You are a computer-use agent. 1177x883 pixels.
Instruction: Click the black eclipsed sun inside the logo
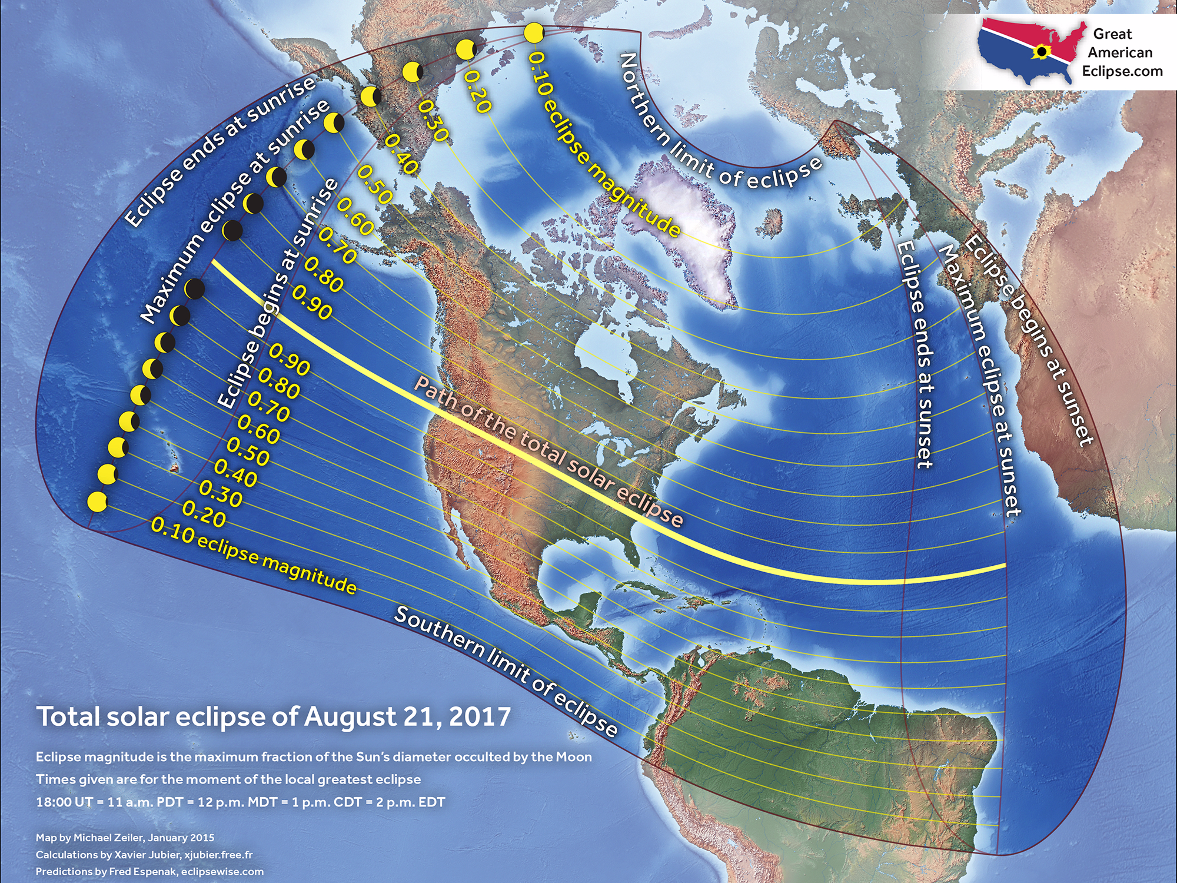coord(1041,52)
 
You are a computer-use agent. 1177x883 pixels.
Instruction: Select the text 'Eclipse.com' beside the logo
coord(1122,71)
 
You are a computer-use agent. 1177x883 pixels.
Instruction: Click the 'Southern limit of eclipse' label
coord(506,672)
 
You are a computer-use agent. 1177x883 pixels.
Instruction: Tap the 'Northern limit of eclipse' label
coord(718,127)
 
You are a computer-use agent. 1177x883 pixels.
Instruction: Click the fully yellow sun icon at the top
coord(534,32)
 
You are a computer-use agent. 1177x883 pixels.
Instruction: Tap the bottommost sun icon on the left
coord(97,502)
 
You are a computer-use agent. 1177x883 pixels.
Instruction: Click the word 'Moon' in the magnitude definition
coord(574,757)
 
